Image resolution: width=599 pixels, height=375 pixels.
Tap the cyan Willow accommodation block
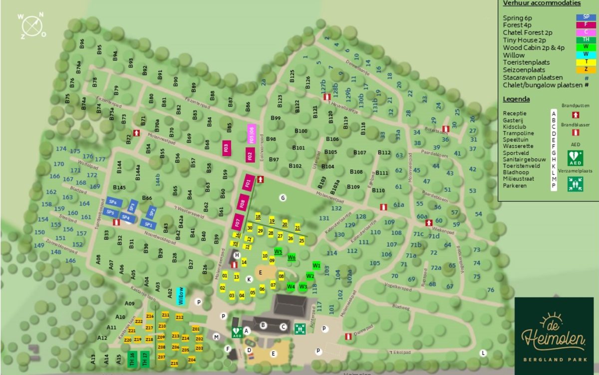tap(181, 296)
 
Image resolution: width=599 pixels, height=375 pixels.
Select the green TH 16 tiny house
tap(132, 358)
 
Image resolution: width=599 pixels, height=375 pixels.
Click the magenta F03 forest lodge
tap(226, 148)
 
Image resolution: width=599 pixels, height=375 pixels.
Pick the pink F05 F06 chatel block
tap(252, 133)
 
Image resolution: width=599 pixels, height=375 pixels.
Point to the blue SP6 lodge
tap(113, 202)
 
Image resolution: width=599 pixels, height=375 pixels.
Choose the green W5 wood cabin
tap(278, 251)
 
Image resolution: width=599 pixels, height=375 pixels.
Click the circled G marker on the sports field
tap(283, 198)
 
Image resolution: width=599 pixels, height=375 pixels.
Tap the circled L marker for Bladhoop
tap(483, 353)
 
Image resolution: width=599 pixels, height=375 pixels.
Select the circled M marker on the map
tap(216, 337)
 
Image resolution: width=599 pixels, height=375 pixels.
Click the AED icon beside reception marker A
tap(237, 332)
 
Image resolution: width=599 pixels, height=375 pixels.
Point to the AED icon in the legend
tap(575, 158)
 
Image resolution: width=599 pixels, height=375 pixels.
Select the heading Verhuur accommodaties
tap(542, 3)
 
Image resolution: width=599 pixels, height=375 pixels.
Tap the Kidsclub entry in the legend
tap(514, 127)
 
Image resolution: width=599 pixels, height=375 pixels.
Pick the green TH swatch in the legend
tap(586, 39)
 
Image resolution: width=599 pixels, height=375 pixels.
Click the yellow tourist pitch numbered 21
tap(298, 228)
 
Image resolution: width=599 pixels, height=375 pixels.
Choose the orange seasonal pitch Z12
tap(179, 317)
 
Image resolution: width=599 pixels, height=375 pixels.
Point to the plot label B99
tap(276, 118)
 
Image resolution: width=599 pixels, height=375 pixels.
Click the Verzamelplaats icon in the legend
tap(575, 184)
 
